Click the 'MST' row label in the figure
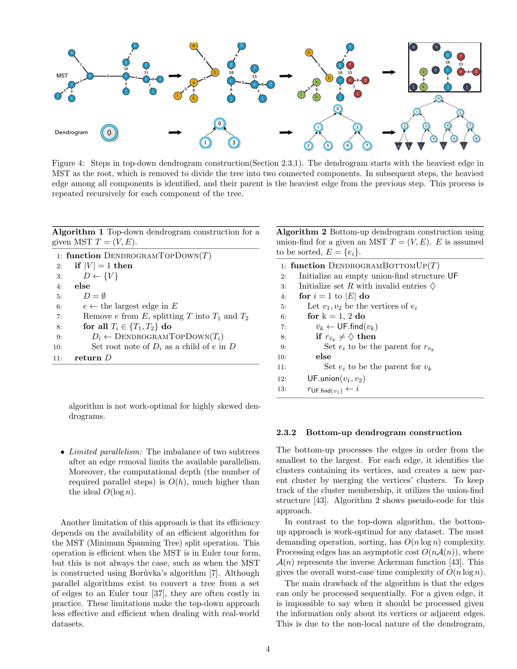tap(62, 76)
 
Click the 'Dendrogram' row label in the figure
tap(71, 132)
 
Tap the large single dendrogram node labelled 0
tap(109, 133)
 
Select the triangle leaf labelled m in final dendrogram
tap(398, 146)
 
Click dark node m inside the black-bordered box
tap(414, 47)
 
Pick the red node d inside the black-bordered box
tap(476, 72)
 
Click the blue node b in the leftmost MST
tap(90, 76)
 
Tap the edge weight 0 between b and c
tap(108, 76)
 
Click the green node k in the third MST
tap(316, 97)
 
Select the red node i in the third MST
tap(358, 93)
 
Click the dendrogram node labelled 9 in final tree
tap(433, 139)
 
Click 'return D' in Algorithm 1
tap(93, 358)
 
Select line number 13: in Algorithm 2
tap(282, 389)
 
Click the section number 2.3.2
tap(286, 432)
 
